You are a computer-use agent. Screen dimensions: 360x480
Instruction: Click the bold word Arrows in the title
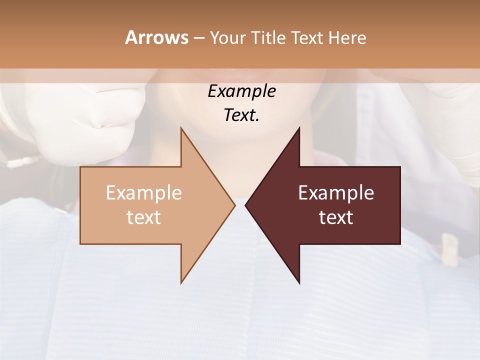click(156, 37)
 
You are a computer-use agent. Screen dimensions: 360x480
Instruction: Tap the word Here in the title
click(347, 38)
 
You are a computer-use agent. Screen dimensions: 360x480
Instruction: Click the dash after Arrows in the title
click(198, 38)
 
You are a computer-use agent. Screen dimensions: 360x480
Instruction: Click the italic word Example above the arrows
click(241, 91)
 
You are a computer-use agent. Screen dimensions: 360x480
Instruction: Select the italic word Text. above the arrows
click(241, 115)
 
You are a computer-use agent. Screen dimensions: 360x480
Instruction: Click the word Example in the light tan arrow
click(143, 193)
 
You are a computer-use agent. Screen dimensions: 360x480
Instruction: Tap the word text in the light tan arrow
click(143, 217)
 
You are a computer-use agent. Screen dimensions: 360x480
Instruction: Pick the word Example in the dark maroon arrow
click(336, 193)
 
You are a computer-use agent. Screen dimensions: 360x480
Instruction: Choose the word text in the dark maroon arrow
click(336, 217)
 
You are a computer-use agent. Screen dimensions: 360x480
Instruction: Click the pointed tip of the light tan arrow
click(234, 205)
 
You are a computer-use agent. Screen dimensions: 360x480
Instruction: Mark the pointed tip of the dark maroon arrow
click(245, 205)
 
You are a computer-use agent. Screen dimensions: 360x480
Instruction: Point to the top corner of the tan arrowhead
click(181, 128)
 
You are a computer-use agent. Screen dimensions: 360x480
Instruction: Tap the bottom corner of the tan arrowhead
click(181, 282)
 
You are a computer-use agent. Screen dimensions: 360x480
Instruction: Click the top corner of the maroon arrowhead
click(299, 128)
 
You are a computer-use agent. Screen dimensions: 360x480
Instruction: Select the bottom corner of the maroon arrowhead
click(299, 283)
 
